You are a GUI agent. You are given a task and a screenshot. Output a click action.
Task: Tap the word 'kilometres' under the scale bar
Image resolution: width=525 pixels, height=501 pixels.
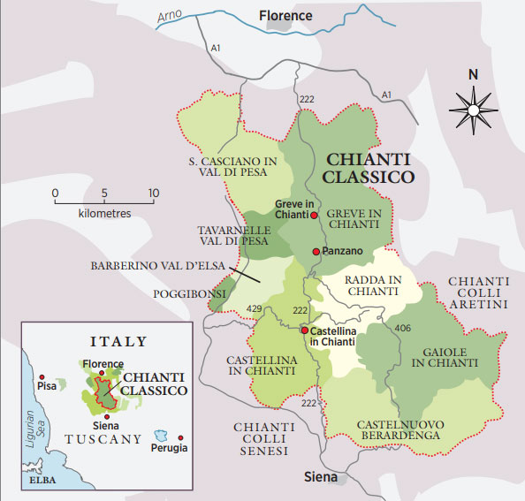tap(104, 214)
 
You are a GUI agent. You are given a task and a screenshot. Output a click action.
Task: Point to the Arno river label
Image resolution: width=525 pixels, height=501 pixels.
tap(174, 15)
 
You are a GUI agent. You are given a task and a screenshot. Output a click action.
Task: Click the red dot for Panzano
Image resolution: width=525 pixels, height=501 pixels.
tap(316, 252)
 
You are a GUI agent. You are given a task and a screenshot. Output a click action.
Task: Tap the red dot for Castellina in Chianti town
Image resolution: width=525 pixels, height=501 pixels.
tap(305, 331)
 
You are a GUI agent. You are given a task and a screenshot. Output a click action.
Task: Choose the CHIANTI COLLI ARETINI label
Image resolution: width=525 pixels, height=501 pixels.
tap(479, 292)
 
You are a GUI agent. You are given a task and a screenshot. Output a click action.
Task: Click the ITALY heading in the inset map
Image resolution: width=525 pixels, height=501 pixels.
tap(117, 340)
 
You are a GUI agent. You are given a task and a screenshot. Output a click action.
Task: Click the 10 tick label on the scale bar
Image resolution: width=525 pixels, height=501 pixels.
tap(153, 194)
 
